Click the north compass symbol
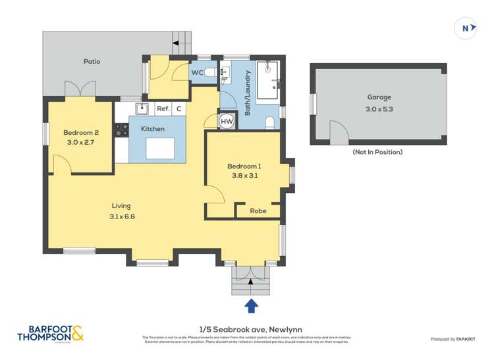466,28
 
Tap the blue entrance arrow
251,305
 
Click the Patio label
92,61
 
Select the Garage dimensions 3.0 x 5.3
379,109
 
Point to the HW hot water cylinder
226,122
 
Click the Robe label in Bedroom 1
258,211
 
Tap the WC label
197,72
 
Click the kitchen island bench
161,149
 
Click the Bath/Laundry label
248,93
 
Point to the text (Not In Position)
377,152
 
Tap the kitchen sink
141,108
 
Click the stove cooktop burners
121,130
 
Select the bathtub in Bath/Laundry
267,82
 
